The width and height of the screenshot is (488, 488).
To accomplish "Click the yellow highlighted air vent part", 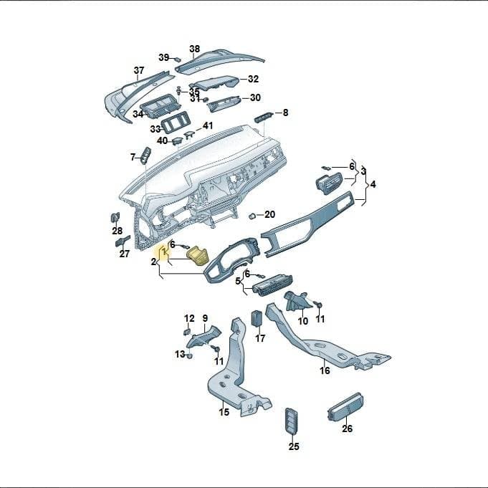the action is click(x=197, y=256).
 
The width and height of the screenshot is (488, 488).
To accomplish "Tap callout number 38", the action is click(x=194, y=49).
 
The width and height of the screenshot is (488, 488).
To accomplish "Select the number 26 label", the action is click(x=347, y=429).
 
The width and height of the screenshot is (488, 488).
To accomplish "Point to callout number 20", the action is click(x=269, y=214).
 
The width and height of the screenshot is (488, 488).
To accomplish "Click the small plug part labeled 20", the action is click(x=252, y=216).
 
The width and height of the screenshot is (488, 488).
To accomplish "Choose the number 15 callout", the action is click(x=224, y=412).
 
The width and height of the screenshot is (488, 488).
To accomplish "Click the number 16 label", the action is click(x=325, y=370).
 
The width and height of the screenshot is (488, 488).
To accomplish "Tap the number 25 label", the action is click(x=294, y=446).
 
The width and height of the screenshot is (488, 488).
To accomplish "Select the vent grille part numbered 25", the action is click(x=292, y=420).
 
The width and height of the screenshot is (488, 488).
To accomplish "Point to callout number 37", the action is click(x=139, y=70).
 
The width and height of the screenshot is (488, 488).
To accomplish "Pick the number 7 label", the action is click(x=133, y=158).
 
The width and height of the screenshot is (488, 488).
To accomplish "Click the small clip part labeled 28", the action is click(x=115, y=217).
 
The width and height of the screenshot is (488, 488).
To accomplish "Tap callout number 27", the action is click(x=124, y=254).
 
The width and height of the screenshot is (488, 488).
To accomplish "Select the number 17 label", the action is click(x=260, y=338).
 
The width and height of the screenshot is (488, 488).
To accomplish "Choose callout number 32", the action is click(x=254, y=79).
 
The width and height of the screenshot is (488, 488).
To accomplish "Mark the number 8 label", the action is click(x=285, y=113).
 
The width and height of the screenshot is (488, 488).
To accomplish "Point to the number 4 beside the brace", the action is click(x=373, y=184).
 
